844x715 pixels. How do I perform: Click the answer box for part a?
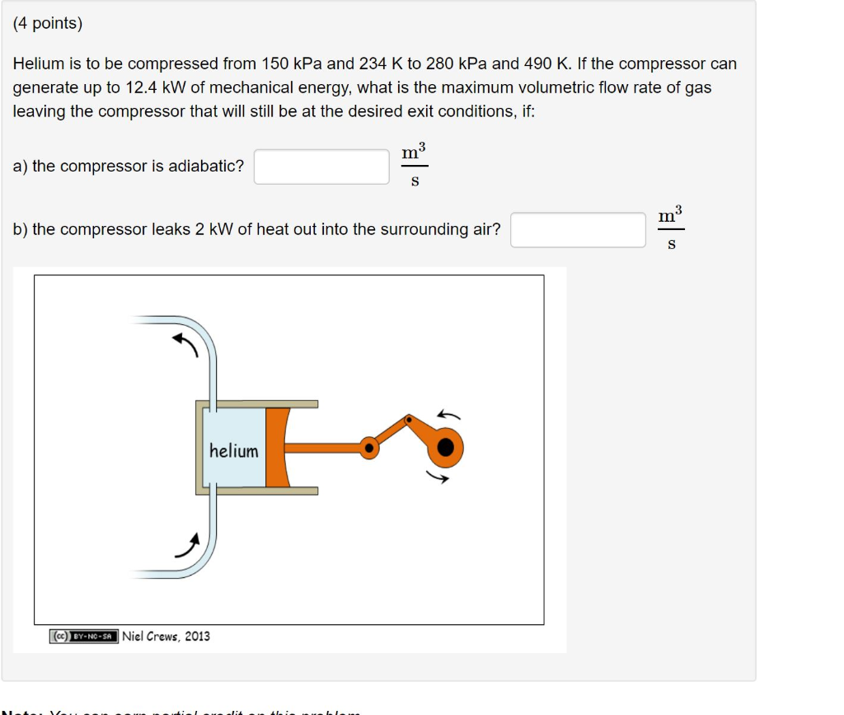321,167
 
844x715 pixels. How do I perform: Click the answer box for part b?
578,230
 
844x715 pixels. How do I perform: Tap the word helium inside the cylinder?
233,451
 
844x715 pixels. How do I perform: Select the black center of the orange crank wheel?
446,447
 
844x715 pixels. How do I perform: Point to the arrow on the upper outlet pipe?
185,345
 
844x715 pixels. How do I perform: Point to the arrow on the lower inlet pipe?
187,544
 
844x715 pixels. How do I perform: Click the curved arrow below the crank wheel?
438,476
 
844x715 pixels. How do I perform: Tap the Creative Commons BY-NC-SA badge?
83,637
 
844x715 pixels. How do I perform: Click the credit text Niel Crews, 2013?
166,637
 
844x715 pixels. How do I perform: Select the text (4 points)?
48,24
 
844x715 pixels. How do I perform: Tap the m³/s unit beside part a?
415,166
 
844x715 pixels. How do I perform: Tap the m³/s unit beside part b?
671,229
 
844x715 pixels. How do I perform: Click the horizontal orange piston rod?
326,448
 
